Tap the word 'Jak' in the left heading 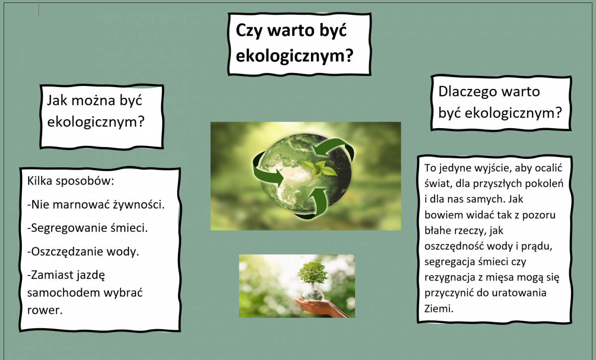(x=57, y=101)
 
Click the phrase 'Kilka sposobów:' (x=71, y=181)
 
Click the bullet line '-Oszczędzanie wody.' (x=83, y=252)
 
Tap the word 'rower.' (x=45, y=310)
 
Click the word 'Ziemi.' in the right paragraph (x=439, y=309)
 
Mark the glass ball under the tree (x=313, y=295)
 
